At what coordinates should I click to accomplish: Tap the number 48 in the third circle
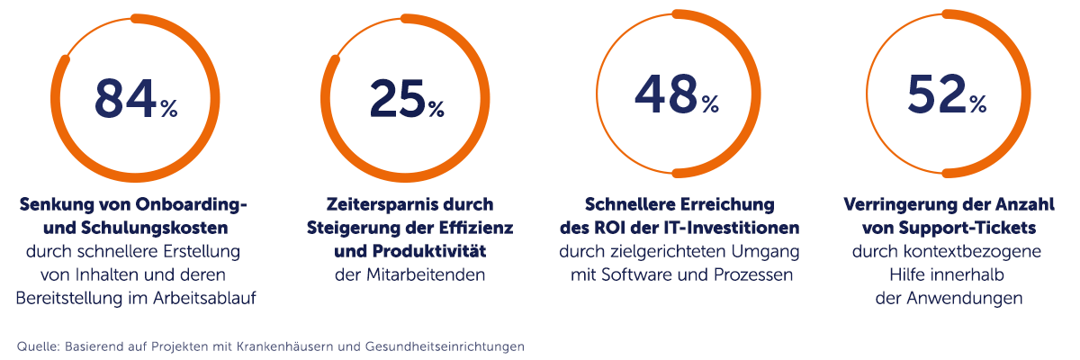pyautogui.click(x=667, y=94)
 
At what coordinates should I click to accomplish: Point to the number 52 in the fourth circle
pyautogui.click(x=937, y=94)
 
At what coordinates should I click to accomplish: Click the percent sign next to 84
pyautogui.click(x=169, y=110)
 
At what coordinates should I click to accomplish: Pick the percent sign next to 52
pyautogui.click(x=978, y=105)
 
